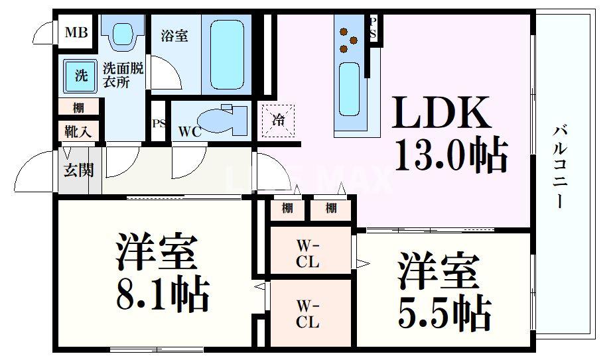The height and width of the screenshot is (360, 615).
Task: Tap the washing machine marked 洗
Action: coord(80,76)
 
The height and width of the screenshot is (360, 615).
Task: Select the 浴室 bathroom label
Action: coord(174,36)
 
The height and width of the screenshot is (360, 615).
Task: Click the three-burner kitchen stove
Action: coord(349,40)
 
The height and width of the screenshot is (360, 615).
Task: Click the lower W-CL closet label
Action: coord(307,315)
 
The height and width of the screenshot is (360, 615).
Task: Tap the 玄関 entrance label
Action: coord(78,170)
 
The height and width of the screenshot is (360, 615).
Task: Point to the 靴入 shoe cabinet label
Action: coord(78,131)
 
